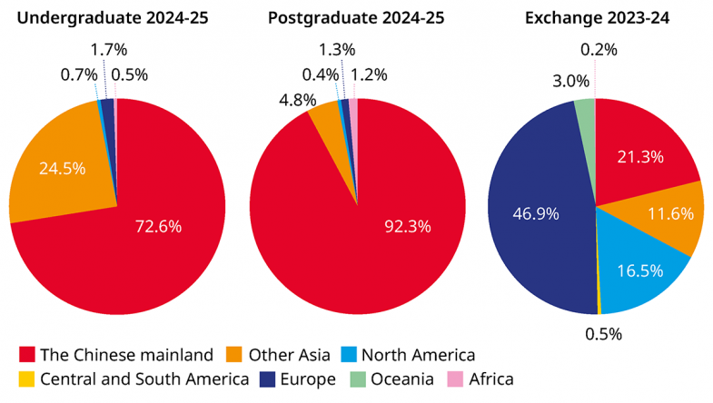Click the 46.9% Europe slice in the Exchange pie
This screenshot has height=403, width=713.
[x=536, y=214]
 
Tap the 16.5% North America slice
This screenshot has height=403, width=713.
[x=639, y=270]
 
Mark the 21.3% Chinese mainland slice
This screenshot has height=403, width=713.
[x=640, y=156]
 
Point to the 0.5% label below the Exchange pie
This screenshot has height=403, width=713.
[x=603, y=333]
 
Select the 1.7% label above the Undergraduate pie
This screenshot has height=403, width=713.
[x=110, y=50]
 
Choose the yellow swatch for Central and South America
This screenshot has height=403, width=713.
[x=26, y=378]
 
